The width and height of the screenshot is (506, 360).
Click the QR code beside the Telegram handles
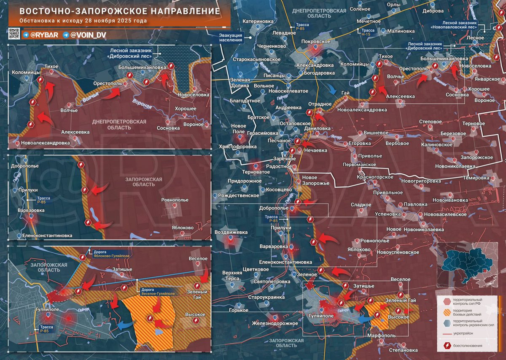(x=13, y=33)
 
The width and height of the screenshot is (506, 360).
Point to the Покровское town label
(x=316, y=42)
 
